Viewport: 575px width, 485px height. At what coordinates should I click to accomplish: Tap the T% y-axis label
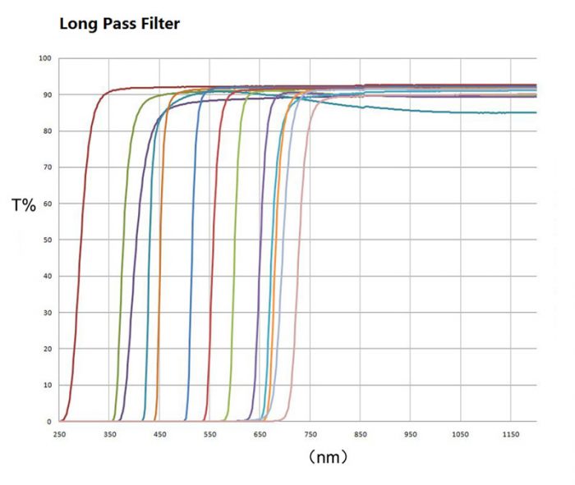(24, 205)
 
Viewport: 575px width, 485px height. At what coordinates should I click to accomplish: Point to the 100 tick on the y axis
(45, 59)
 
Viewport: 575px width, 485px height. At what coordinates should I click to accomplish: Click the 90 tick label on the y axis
(47, 95)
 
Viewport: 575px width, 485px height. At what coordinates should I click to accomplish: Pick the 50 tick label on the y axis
(47, 240)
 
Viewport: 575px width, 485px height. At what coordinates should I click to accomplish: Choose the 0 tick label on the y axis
(49, 422)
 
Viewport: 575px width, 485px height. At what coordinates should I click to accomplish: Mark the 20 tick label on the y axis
(47, 350)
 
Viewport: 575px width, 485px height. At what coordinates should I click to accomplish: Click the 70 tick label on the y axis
(47, 167)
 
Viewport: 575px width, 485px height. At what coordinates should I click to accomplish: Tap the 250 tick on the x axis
(59, 434)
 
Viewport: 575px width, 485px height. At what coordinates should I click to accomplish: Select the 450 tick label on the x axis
(159, 434)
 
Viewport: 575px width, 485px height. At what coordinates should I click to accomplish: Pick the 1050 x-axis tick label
(460, 434)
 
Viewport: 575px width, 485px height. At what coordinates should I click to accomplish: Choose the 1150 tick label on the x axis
(511, 434)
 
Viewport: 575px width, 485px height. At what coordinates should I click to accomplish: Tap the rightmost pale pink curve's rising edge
(301, 246)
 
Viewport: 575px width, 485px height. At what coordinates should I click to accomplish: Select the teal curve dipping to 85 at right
(493, 112)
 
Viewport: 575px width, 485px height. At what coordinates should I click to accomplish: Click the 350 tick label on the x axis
(109, 434)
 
